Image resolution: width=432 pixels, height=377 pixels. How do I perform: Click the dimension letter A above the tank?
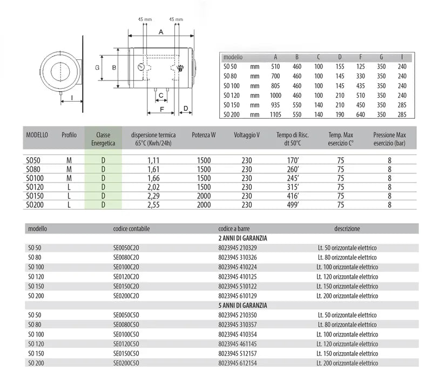tap(161, 32)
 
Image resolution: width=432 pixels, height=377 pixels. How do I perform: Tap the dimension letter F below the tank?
tap(162, 110)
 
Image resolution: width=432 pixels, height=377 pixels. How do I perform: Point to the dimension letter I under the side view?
tap(72, 98)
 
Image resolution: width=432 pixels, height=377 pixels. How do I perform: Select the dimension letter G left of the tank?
tap(97, 68)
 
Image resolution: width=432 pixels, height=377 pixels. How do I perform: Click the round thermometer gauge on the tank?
tap(141, 67)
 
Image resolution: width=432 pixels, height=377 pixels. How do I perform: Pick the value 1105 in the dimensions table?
tap(275, 115)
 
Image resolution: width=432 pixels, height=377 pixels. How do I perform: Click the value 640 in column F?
tap(360, 115)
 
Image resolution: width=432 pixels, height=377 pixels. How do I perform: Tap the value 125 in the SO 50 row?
tap(360, 66)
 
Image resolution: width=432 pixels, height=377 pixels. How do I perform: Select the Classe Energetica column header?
tap(103, 139)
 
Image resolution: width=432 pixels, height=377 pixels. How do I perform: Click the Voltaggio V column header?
tap(247, 135)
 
